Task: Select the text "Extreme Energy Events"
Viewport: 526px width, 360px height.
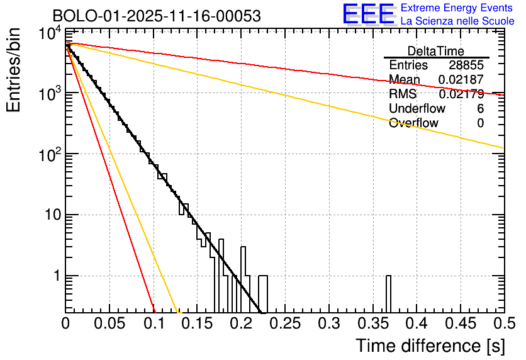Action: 457,8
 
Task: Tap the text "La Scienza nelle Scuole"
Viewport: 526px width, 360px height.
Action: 457,21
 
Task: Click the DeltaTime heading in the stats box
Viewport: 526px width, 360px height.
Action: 436,51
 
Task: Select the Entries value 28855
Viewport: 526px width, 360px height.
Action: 466,65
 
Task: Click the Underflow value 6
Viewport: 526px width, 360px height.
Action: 480,109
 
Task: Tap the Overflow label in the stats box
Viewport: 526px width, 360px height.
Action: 413,123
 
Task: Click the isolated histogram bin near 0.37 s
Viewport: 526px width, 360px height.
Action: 388,294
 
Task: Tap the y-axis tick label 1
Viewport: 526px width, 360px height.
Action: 55,276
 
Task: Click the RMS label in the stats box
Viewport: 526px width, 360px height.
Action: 403,94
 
